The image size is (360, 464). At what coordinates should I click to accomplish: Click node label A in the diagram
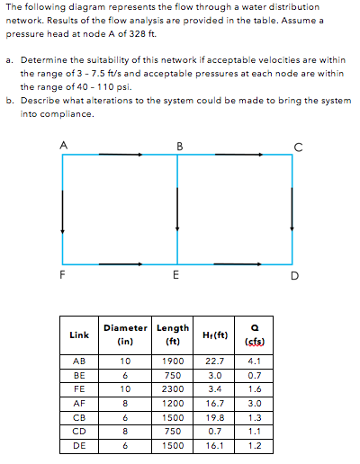pos(62,144)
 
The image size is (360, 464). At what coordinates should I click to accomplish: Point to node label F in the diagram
pos(62,276)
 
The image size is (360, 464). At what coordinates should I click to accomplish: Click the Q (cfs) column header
pos(253,335)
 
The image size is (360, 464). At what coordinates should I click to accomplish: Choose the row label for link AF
pos(78,405)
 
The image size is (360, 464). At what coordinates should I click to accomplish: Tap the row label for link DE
pos(78,445)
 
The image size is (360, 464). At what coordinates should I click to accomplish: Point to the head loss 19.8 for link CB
pos(214,418)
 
